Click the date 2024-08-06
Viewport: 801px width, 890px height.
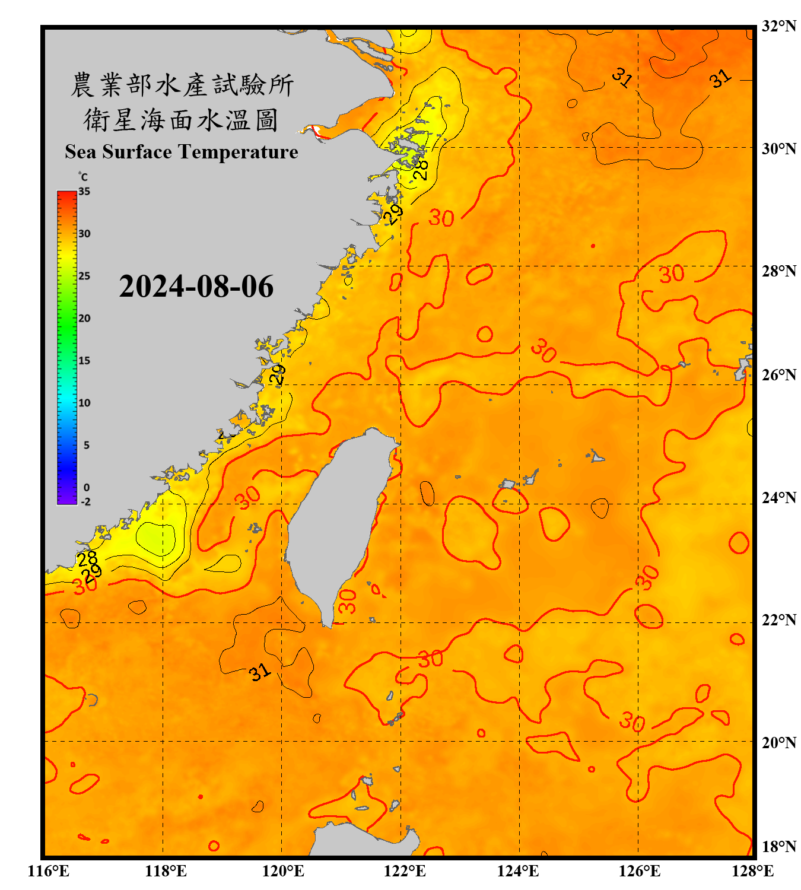196,287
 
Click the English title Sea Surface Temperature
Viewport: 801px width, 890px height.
182,152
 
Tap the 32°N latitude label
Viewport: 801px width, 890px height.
778,26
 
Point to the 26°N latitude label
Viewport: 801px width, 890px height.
778,375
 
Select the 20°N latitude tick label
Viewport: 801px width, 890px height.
778,742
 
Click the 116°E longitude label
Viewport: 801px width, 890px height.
49,871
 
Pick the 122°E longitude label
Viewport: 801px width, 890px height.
405,871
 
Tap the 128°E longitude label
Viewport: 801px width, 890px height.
752,871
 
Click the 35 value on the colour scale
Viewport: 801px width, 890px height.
84,192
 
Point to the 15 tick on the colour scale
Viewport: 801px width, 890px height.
84,361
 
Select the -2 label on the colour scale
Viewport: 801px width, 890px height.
85,502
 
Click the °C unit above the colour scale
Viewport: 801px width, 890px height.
83,177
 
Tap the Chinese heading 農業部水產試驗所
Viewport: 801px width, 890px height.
182,85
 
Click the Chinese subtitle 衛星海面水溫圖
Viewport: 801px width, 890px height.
181,120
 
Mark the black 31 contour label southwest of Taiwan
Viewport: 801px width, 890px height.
259,672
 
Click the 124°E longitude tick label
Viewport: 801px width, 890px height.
518,871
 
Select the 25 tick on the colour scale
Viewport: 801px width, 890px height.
84,276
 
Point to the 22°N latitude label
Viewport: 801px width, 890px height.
778,620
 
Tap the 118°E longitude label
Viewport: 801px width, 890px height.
166,871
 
